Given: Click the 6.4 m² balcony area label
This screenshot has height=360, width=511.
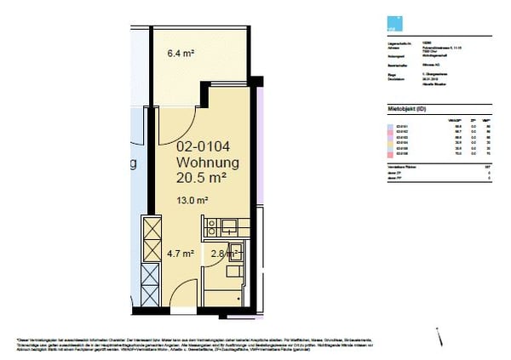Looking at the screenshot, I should tap(181, 54).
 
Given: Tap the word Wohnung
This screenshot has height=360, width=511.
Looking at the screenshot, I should tap(207, 163).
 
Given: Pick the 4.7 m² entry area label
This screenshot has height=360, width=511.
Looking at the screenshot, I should tap(181, 253).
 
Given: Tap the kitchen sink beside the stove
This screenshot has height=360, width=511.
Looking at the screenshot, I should tap(230, 226).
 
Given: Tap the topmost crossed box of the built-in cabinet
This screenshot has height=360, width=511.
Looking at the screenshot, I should tap(151, 229).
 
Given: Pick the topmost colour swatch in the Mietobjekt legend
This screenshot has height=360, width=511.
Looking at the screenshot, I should tap(381, 124).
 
